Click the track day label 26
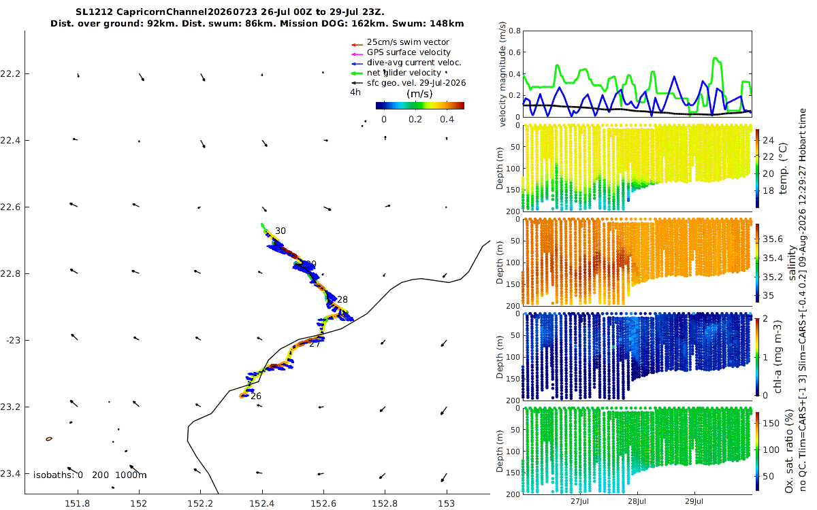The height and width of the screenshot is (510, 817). click(256, 396)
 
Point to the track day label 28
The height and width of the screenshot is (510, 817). click(342, 300)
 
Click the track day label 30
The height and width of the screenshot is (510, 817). click(280, 231)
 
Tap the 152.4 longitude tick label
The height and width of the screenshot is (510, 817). click(261, 504)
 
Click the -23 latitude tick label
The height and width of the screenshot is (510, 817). click(13, 341)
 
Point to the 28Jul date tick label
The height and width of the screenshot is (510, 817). click(637, 502)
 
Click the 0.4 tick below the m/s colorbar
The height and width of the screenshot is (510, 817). click(447, 120)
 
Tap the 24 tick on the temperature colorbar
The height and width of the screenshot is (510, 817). click(769, 141)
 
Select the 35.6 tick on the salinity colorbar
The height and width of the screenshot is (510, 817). click(773, 239)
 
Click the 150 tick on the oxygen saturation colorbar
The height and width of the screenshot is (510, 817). click(771, 423)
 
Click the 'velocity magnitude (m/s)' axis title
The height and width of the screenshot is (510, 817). click(502, 74)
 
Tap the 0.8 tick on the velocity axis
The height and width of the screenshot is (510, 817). click(515, 31)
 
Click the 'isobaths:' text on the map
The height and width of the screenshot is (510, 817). click(54, 475)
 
